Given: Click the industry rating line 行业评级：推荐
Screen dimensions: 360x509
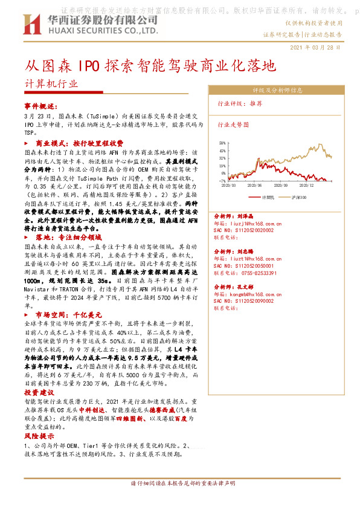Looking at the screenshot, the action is (240, 104).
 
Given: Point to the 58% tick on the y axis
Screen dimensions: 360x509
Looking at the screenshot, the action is (223, 143).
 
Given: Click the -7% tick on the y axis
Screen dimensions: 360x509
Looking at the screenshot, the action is (223, 181).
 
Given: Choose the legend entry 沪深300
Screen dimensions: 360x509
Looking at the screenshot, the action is (300, 197).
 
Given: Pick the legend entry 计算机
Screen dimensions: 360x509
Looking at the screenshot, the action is (268, 197).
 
